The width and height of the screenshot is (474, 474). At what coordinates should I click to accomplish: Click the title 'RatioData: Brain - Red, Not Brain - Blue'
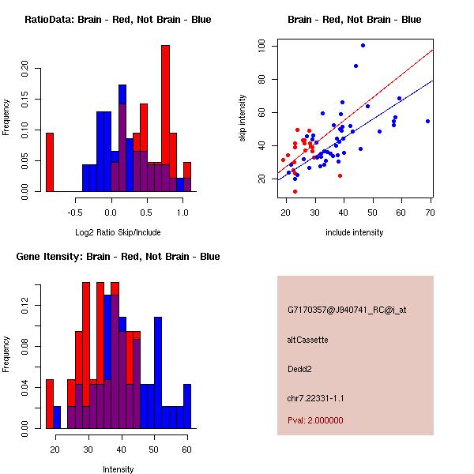118,20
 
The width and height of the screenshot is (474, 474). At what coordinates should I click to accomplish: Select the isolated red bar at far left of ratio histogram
49,162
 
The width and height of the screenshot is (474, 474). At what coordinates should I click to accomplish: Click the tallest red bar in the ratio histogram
165,118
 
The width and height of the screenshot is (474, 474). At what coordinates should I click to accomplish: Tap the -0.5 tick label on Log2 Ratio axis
75,213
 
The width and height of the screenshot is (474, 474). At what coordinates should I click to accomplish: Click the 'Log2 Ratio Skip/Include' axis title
116,232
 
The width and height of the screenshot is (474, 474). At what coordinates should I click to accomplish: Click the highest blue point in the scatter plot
363,45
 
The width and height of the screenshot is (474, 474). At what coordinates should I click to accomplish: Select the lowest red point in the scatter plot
295,191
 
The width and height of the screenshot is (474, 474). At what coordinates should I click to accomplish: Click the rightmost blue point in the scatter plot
427,121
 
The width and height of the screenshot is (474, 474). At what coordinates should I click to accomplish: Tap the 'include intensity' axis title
355,232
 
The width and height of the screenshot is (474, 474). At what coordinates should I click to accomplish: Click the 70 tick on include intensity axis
431,213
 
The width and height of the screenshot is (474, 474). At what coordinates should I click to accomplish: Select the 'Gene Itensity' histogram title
118,257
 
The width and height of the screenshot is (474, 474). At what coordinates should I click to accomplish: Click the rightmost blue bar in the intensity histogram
187,406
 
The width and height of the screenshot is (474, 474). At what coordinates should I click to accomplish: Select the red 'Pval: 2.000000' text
315,420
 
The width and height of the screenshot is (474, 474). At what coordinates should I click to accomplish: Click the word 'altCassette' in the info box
307,340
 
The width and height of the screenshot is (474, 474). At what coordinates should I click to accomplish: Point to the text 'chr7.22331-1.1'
316,397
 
